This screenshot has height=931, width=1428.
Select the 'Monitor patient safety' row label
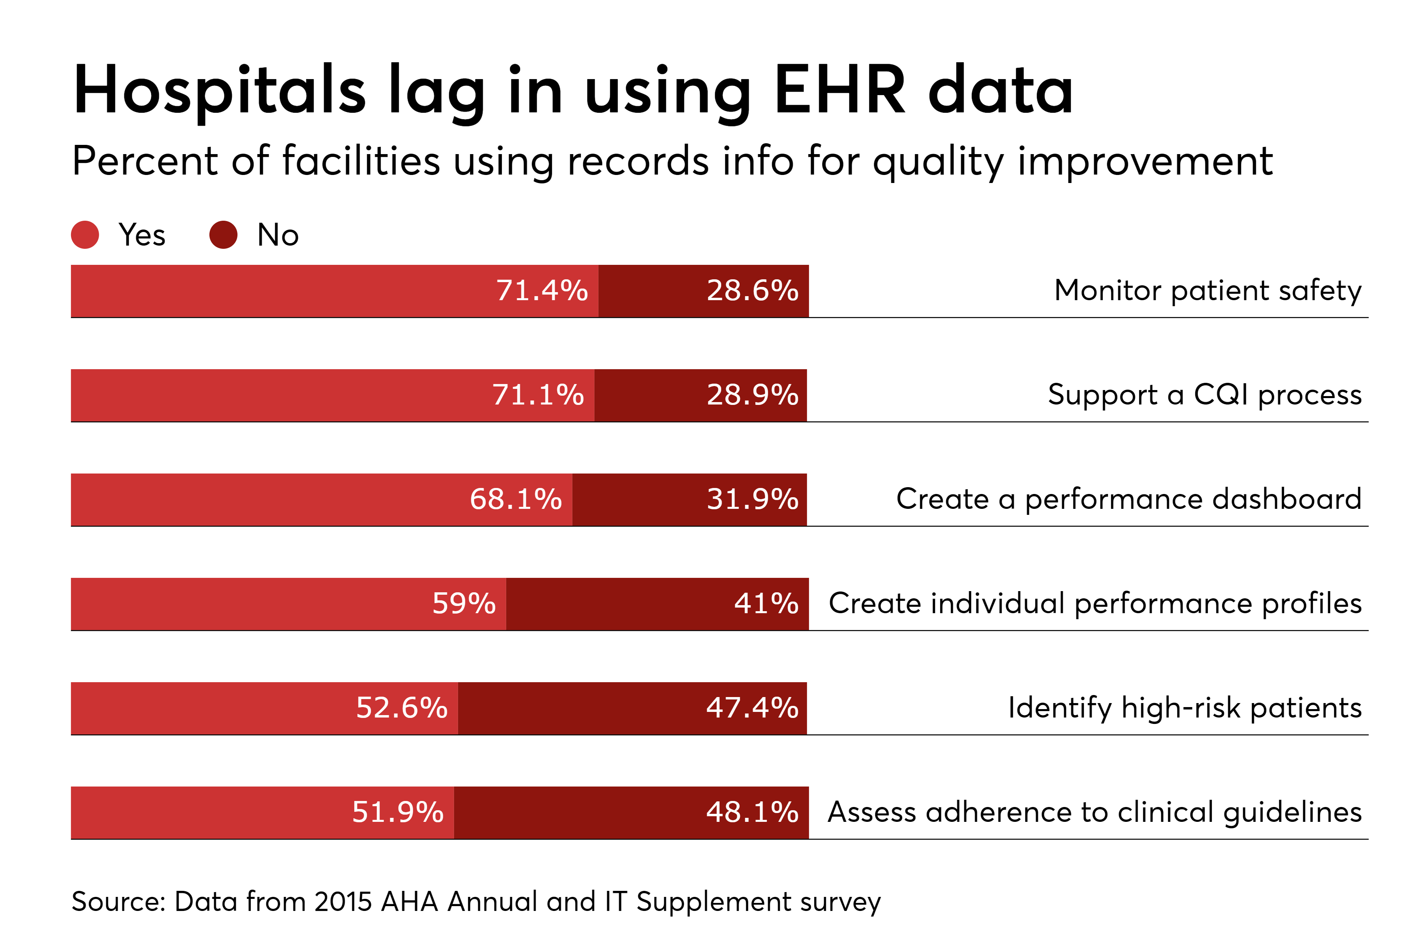coord(1207,291)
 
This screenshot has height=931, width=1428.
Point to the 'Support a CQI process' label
coord(1204,395)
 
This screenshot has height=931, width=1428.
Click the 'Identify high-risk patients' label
coord(1185,708)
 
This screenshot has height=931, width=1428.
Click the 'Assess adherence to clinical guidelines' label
coord(1094,813)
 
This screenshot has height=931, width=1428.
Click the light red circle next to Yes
coord(85,235)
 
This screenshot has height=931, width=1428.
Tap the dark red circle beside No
coord(223,235)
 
